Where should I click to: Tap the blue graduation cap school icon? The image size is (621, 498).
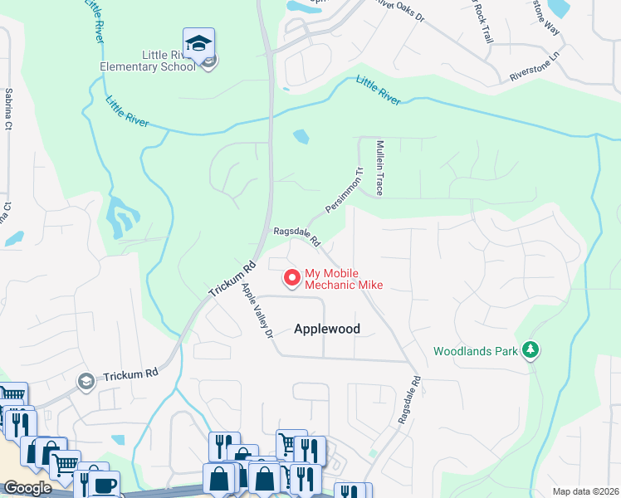199,43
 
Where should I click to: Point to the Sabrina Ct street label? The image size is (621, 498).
9,109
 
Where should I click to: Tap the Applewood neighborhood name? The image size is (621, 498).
327,329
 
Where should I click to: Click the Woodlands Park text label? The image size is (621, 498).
476,351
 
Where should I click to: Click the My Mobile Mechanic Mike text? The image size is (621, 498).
344,279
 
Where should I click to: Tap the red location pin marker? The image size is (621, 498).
291,278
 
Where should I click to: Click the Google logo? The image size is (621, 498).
27,488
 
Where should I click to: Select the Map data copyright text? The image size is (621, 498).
585,491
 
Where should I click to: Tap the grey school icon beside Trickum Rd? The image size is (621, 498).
85,381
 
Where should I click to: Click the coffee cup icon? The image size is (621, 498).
105,486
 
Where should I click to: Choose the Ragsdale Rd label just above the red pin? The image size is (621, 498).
297,237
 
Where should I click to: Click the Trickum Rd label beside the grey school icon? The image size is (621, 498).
130,374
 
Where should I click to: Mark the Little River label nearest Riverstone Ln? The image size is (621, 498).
379,90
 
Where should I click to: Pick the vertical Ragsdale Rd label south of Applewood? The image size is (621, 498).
410,401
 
